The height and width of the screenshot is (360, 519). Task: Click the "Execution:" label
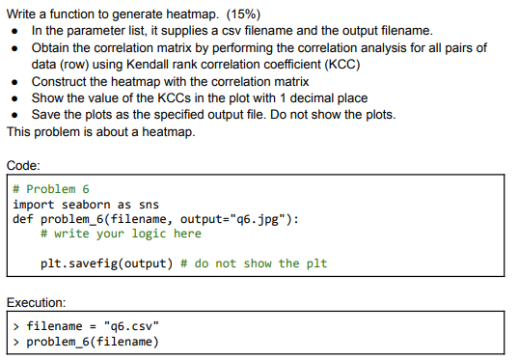click(38, 302)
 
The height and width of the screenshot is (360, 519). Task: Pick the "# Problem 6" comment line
click(51, 188)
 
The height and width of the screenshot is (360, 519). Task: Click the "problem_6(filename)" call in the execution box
click(92, 342)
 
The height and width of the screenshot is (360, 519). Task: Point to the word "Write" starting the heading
click(22, 12)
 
